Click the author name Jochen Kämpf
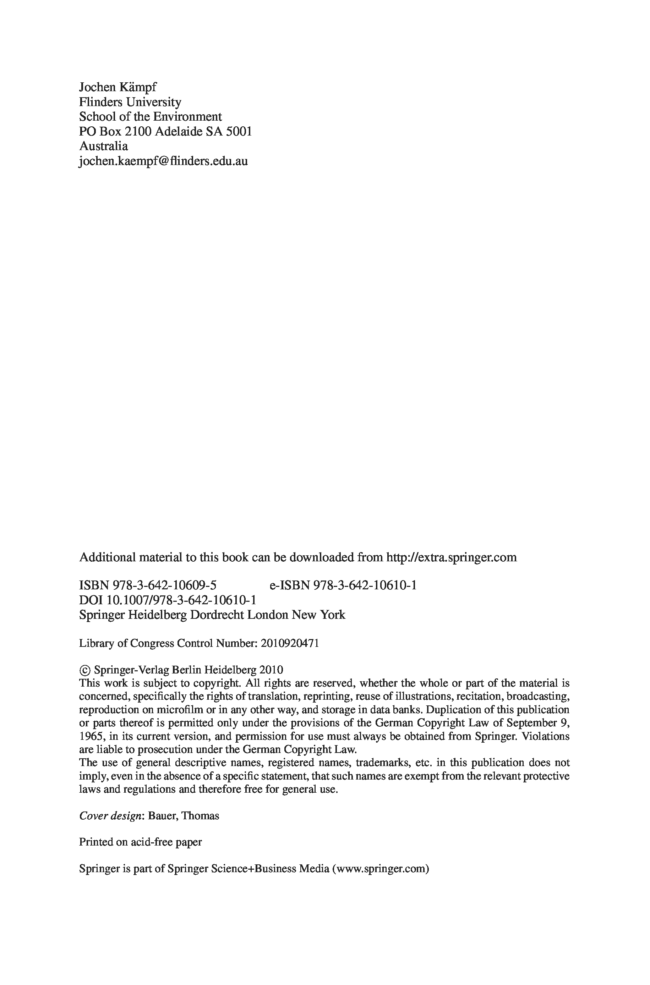(x=118, y=87)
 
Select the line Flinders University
(x=130, y=102)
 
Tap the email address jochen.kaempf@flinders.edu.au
(x=163, y=161)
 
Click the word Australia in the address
(x=103, y=146)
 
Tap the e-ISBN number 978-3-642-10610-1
(x=365, y=585)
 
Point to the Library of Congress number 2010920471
(x=290, y=643)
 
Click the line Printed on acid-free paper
(x=140, y=842)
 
